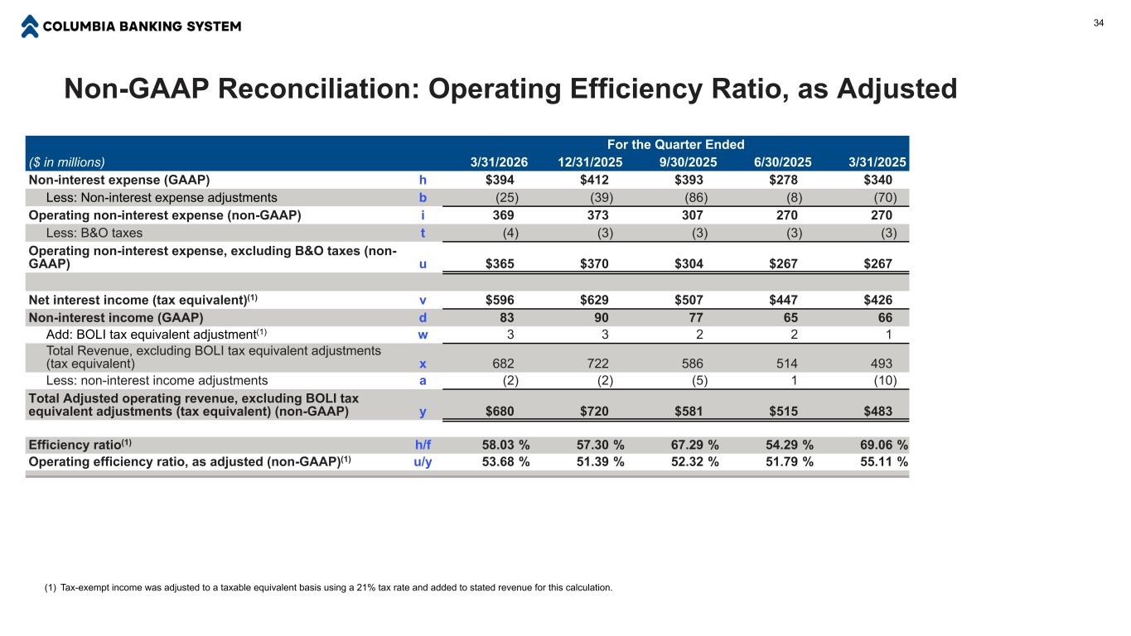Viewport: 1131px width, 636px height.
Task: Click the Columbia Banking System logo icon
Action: pos(30,26)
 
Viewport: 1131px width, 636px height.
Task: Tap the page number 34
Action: pos(1099,22)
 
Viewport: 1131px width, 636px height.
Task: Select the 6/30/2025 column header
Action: pos(779,162)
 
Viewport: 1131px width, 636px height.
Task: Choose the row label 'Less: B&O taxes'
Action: pos(94,233)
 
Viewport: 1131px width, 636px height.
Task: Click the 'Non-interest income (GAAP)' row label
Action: pos(116,317)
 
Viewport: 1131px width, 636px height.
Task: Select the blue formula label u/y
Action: pos(423,461)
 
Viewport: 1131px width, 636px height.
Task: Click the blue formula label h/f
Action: pos(423,444)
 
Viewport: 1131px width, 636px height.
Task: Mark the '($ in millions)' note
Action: pos(67,162)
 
